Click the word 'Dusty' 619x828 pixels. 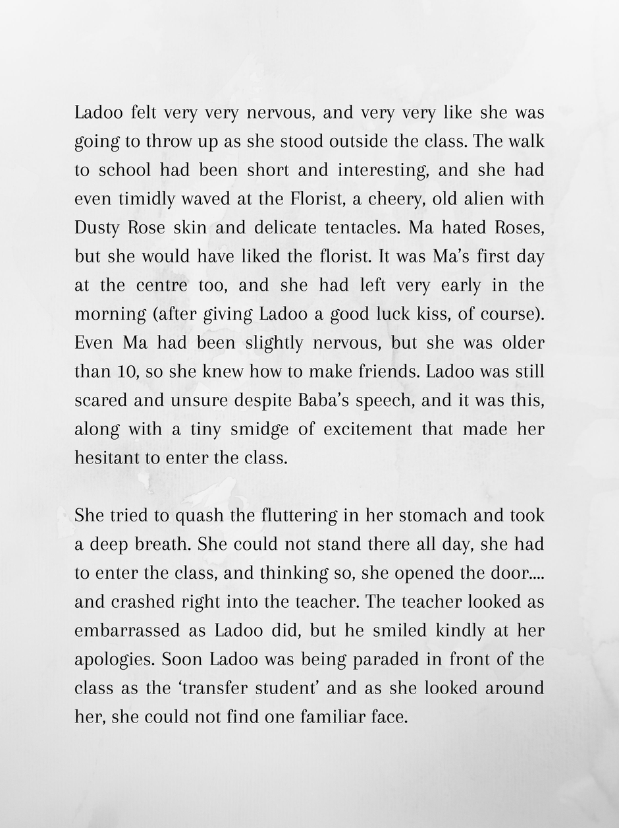97,228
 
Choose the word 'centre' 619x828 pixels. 162,285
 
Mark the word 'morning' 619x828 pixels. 109,314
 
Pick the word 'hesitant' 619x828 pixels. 108,458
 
